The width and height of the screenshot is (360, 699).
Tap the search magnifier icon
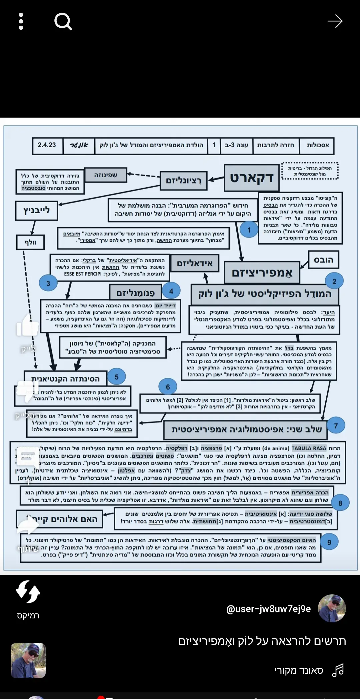point(63,22)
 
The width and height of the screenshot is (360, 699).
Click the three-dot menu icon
point(21,22)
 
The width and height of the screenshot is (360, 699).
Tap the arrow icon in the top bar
point(335,22)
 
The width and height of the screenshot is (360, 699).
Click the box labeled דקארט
point(252,178)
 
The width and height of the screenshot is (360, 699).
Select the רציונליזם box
point(183,181)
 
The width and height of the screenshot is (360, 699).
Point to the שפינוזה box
point(106,175)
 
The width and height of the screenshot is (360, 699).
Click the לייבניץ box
point(36,211)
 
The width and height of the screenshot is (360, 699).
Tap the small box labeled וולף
point(30,242)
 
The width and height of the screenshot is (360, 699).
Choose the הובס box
point(323,260)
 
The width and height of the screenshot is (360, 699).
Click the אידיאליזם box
point(194,264)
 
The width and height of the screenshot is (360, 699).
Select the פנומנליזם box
point(135,293)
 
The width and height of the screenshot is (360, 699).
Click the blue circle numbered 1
point(249,230)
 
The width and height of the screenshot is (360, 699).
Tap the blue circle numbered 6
point(168,387)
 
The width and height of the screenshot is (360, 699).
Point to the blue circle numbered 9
point(329,542)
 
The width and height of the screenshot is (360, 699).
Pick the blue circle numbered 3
point(48,283)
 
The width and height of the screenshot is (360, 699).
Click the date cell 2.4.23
point(47,145)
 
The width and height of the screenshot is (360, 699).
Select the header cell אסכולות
point(317,145)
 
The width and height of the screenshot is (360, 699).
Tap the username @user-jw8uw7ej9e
point(268,609)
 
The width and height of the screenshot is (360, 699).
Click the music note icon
point(338,670)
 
